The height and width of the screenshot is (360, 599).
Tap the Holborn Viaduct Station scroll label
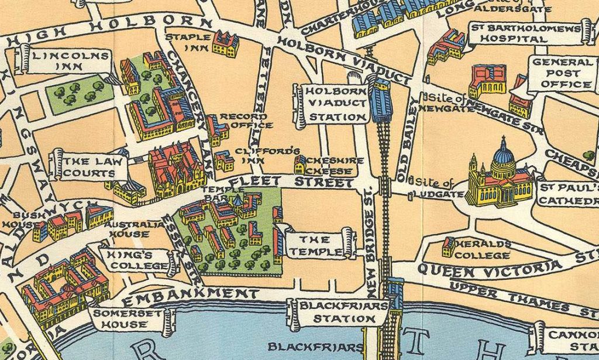(335, 105)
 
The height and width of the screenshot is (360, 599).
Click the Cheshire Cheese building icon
(300, 164)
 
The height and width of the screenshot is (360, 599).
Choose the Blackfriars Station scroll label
(343, 312)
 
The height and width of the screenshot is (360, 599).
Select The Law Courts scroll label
(89, 167)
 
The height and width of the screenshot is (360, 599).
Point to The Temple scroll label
(321, 245)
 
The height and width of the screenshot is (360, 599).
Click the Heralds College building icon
(449, 246)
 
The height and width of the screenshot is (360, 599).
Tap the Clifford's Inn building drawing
(224, 160)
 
